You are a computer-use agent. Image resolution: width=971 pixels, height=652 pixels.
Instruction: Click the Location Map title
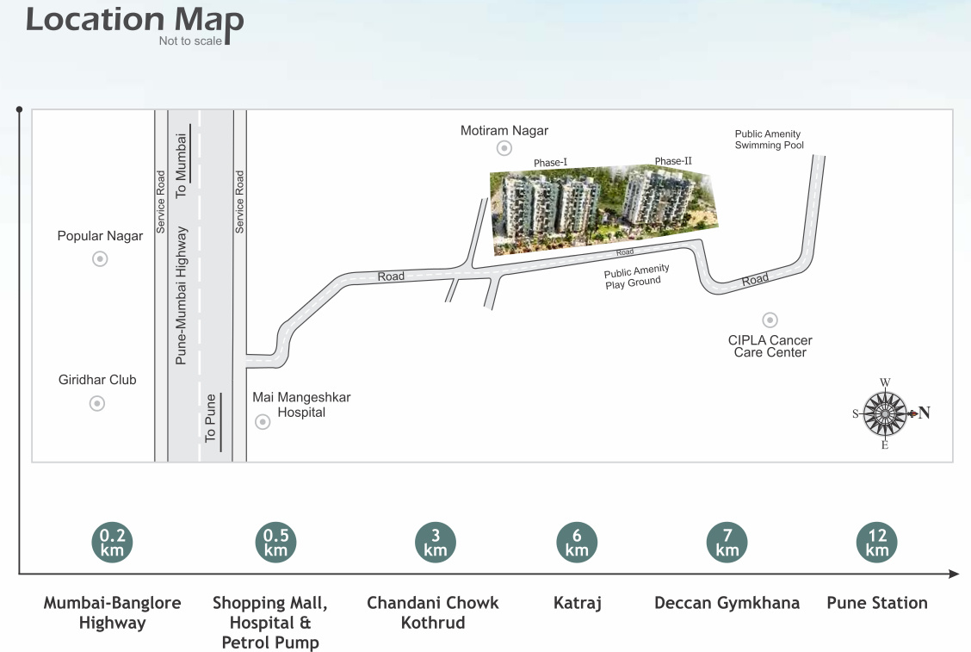tap(134, 21)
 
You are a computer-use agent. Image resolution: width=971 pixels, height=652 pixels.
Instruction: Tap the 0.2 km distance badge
tap(112, 543)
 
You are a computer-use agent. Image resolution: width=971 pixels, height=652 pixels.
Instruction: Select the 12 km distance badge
tap(877, 543)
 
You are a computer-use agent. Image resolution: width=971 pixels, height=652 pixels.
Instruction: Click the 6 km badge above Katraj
tap(577, 543)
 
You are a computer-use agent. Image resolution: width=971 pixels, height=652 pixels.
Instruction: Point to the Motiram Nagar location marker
tap(504, 149)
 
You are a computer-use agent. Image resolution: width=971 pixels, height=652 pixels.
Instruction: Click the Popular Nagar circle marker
tap(100, 258)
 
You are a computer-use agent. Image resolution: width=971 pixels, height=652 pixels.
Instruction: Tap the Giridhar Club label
tap(97, 380)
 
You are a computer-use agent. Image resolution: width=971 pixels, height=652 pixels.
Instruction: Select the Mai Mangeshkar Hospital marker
tap(263, 422)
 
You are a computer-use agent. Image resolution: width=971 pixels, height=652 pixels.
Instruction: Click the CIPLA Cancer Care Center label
tap(770, 346)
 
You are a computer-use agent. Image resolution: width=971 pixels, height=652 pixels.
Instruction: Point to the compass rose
tap(885, 413)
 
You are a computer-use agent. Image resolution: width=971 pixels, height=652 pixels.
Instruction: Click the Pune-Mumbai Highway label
tap(181, 295)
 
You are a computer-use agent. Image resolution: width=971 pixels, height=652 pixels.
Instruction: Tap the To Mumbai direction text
tap(181, 165)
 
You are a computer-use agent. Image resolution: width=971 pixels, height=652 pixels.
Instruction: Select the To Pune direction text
tap(210, 424)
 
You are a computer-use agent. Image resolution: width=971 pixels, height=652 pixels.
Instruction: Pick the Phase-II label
tap(673, 161)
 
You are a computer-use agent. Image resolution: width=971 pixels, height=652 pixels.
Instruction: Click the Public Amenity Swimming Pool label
tap(769, 140)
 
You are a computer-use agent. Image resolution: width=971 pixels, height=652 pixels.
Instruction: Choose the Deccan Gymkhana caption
tap(727, 603)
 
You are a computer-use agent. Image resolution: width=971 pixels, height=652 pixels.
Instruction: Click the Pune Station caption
tap(877, 603)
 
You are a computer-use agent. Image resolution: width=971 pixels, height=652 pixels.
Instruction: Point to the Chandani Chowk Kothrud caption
tap(433, 612)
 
